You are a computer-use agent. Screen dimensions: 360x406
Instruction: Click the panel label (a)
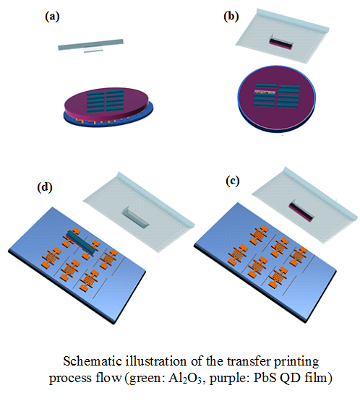click(x=52, y=17)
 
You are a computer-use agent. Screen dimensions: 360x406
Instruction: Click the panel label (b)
click(x=231, y=17)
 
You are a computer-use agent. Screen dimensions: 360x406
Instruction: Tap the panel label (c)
click(x=233, y=181)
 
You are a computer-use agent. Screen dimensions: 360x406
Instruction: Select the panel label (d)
click(x=45, y=187)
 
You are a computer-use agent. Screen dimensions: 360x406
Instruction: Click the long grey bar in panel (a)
click(x=90, y=44)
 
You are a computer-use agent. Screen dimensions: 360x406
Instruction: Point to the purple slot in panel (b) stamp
click(x=281, y=43)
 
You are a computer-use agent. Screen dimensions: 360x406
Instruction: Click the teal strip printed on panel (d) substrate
click(x=82, y=241)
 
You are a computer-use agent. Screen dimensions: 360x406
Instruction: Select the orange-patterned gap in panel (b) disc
click(x=265, y=92)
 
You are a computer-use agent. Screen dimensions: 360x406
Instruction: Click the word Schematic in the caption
click(x=93, y=361)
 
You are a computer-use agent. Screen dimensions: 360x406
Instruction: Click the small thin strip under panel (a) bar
click(x=93, y=51)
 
